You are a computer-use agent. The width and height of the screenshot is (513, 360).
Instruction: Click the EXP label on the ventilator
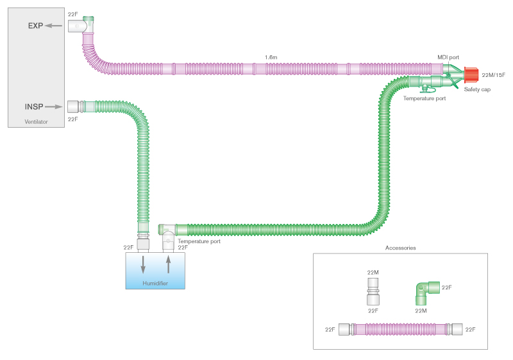35,26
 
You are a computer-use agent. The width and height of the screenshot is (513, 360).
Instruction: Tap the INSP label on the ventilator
34,107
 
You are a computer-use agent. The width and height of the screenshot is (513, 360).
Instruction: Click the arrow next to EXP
53,26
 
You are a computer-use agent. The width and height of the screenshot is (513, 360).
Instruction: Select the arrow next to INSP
54,107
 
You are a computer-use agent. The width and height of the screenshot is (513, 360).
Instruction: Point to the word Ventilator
36,122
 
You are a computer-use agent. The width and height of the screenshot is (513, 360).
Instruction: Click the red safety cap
471,75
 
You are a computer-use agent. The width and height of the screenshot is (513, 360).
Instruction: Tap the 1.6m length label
271,57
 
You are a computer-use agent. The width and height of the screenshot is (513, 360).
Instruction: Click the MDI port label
448,57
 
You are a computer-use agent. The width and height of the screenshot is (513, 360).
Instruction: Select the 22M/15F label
493,75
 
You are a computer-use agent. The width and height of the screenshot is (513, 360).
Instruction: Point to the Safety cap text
477,89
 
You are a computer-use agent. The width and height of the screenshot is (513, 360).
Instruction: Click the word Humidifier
155,283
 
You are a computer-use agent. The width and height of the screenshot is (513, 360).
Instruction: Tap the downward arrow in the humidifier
143,265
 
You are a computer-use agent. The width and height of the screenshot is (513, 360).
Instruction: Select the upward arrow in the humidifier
169,264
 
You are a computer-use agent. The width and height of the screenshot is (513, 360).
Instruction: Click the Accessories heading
400,248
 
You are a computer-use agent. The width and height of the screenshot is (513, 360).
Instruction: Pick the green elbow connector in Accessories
426,292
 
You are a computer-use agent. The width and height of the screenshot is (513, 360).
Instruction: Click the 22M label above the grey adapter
373,272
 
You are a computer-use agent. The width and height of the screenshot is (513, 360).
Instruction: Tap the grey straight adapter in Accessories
373,291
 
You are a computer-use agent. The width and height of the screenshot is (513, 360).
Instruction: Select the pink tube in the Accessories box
400,329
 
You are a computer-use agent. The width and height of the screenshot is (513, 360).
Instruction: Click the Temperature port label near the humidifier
199,241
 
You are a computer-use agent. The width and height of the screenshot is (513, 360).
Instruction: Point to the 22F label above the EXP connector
72,14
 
